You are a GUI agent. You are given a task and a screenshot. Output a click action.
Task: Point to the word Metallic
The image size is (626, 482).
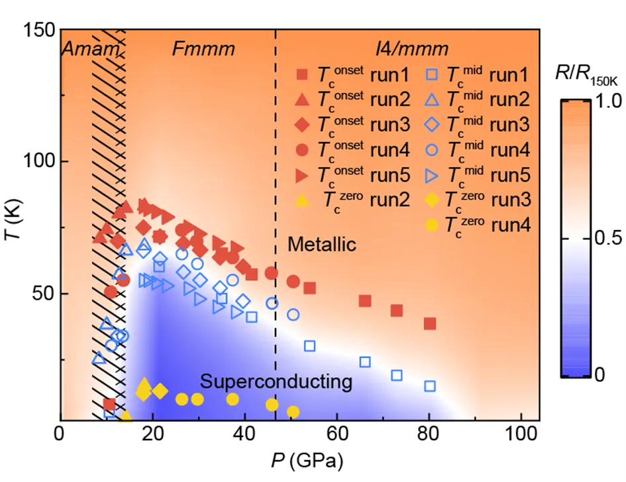click(322, 245)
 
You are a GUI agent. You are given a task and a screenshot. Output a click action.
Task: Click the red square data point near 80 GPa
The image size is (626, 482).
click(429, 324)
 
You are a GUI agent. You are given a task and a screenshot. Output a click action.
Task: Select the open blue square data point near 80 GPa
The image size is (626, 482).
click(429, 386)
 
